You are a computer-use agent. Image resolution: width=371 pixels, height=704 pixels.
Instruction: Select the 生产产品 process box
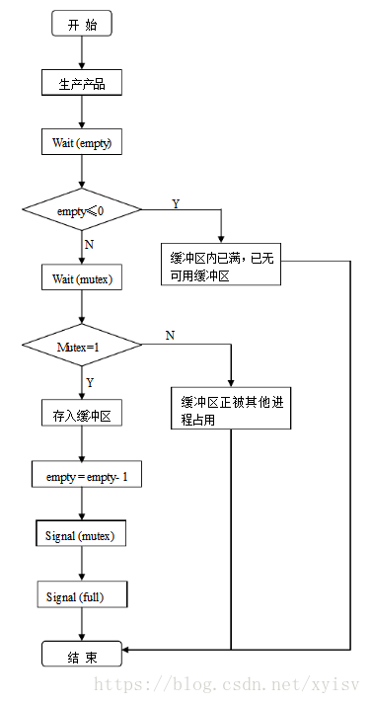click(82, 84)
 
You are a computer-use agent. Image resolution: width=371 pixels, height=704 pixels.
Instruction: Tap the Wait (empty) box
click(82, 143)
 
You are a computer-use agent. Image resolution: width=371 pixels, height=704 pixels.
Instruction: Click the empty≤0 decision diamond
click(82, 210)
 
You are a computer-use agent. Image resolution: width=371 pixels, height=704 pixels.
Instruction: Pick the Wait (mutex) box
click(82, 279)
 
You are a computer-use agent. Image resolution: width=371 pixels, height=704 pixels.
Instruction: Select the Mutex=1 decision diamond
click(82, 346)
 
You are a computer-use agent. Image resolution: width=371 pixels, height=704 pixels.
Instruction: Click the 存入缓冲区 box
click(82, 414)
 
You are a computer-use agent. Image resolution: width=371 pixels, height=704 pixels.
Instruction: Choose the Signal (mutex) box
click(80, 535)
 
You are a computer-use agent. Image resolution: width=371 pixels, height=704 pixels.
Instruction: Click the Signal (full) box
click(74, 596)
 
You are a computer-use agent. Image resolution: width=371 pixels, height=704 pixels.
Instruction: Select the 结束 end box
click(82, 656)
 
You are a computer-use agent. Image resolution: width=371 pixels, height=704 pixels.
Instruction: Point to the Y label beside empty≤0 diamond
click(176, 203)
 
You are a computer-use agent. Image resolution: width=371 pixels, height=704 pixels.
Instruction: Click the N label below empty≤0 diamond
click(91, 243)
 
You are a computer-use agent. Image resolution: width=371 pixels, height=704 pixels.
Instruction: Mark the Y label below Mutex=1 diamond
click(91, 381)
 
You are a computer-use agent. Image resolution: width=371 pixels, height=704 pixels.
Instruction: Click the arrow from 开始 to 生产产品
click(82, 53)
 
